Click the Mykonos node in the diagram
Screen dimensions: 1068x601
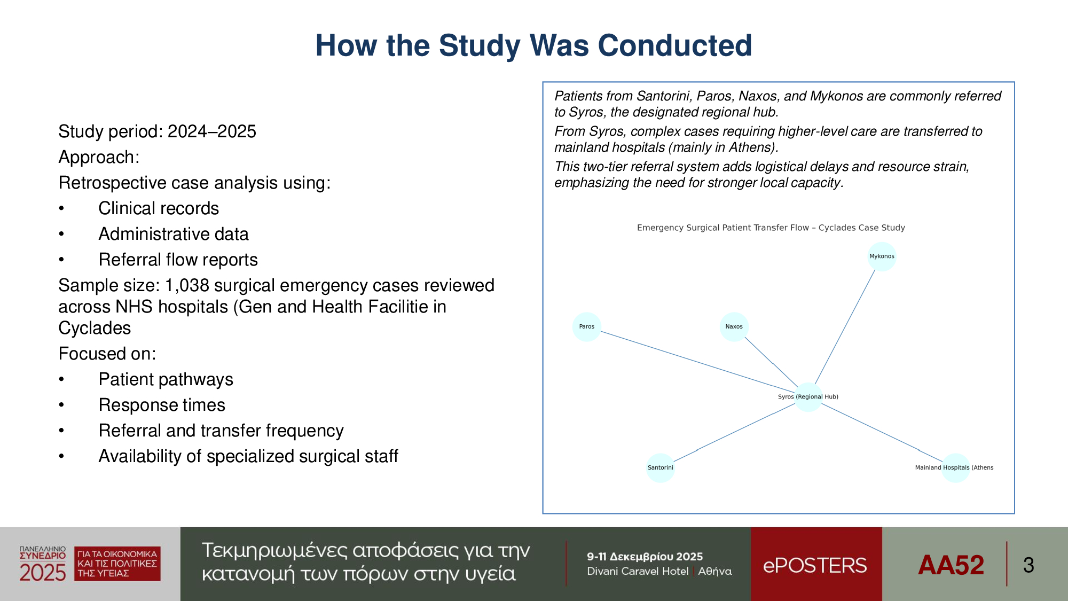(882, 256)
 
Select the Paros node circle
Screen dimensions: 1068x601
(587, 327)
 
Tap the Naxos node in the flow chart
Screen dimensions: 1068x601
(734, 327)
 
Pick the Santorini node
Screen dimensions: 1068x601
(661, 468)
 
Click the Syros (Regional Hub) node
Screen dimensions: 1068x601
(808, 397)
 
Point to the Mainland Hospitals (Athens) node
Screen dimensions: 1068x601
(955, 468)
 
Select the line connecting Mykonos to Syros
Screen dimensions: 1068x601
(845, 327)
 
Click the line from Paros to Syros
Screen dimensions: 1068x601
(697, 362)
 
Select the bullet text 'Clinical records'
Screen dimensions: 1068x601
(159, 208)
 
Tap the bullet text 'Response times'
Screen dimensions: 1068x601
(162, 405)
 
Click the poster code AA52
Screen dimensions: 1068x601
(951, 565)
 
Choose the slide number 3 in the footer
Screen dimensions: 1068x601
(1028, 565)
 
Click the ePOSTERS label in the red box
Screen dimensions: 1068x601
(815, 565)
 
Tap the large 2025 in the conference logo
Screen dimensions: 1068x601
(43, 573)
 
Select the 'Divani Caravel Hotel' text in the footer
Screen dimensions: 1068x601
(638, 571)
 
